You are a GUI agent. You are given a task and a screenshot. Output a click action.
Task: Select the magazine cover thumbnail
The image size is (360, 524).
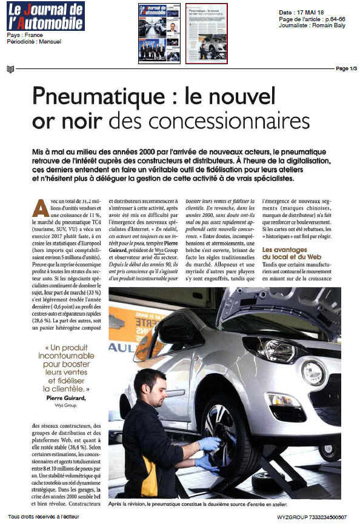click(159, 33)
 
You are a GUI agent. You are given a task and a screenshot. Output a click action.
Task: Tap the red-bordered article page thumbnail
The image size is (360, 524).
click(206, 33)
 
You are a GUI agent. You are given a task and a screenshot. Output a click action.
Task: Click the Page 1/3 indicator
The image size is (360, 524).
click(346, 68)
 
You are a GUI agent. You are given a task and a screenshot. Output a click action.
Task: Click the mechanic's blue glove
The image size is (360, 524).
click(209, 444)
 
